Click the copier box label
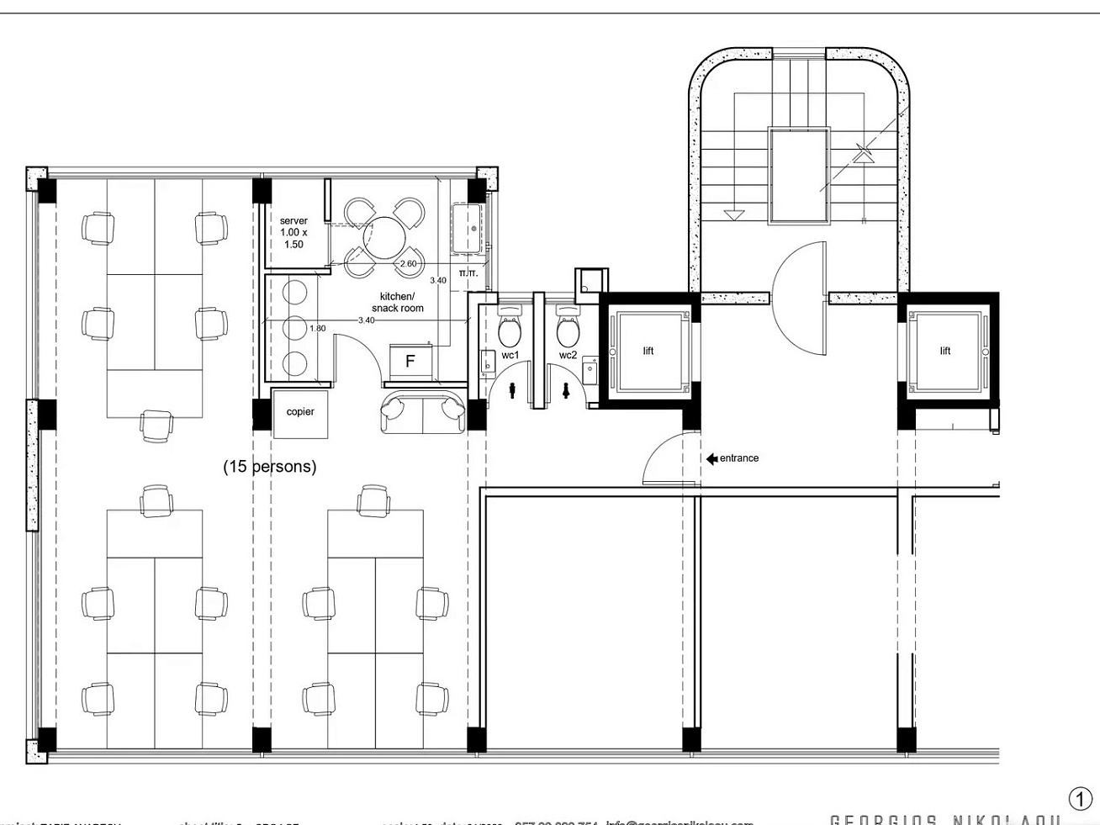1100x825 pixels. [300, 412]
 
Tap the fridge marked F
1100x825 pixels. [410, 362]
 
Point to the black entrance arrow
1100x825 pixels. [711, 458]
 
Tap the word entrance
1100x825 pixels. [739, 458]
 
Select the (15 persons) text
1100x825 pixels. [269, 467]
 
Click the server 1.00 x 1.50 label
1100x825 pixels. [294, 232]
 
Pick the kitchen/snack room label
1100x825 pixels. [397, 302]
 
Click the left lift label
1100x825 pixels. [648, 351]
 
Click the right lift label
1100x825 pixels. [944, 351]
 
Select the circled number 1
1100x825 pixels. [1079, 798]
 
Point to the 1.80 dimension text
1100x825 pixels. [317, 329]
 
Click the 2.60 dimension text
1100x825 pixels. [408, 264]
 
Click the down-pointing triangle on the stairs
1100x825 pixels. [734, 215]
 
